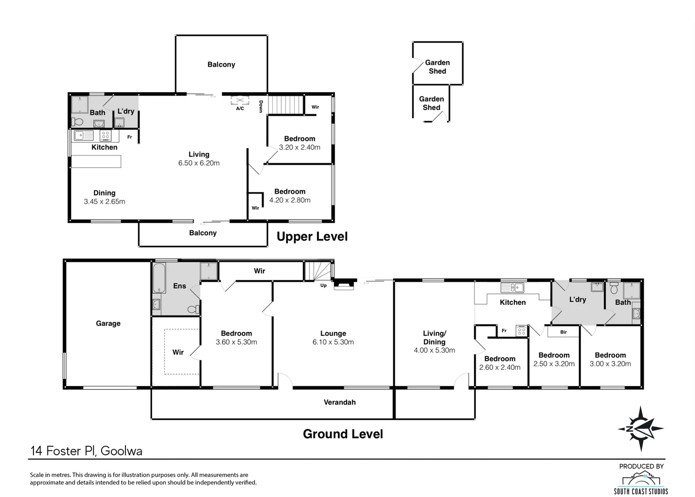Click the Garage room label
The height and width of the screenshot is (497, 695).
click(108, 324)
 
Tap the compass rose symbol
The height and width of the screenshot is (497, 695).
click(641, 429)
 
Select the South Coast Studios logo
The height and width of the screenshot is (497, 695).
click(641, 483)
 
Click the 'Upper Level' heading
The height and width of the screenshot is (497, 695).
click(312, 237)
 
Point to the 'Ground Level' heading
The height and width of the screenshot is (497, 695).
click(343, 434)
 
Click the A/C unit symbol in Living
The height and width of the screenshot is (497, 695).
click(240, 100)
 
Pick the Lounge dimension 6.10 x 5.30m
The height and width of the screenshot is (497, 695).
click(333, 342)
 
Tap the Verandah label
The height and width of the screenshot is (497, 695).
click(340, 402)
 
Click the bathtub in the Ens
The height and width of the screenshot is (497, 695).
click(159, 278)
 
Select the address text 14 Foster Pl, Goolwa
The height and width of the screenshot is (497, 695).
click(86, 451)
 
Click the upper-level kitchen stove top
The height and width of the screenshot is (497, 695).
click(106, 136)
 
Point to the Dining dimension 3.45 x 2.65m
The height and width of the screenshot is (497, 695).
click(104, 202)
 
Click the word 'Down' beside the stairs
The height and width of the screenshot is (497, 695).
click(261, 107)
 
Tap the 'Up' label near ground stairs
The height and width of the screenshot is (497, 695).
click(323, 285)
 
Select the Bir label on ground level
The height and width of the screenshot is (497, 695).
click(564, 332)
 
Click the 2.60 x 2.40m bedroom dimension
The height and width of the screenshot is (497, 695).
click(500, 368)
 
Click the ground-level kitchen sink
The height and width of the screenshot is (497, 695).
click(513, 288)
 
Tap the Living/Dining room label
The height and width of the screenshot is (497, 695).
click(434, 338)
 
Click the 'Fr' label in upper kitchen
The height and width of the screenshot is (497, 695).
click(130, 137)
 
